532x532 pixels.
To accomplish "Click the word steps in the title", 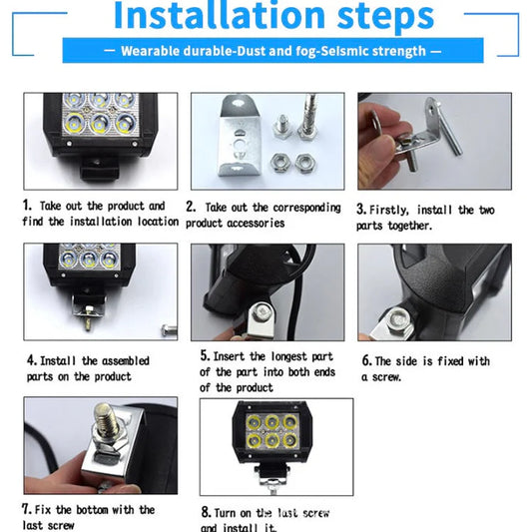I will point(378,17).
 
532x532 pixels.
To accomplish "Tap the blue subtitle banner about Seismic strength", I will point(272,51).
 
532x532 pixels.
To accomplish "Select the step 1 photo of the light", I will point(99,140).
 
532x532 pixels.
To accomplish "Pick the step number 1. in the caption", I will point(29,206).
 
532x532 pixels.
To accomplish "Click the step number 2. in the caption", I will point(191,208).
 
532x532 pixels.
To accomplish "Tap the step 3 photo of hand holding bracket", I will point(434,142).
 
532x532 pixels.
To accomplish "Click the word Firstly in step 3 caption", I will point(389,211).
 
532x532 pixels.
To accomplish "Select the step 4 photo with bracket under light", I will point(100,289).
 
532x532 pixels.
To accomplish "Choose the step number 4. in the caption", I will point(32,360).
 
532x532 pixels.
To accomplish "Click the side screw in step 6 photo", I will point(398,318).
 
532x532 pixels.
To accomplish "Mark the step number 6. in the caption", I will point(366,361).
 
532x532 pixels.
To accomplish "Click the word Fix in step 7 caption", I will point(47,510).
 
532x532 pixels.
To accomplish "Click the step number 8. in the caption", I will point(206,513).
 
